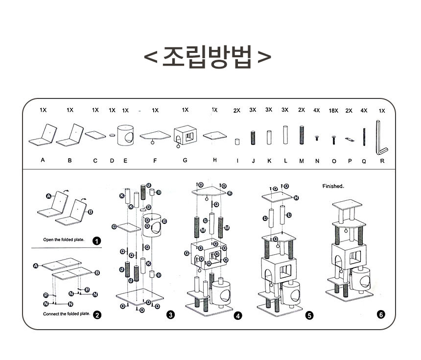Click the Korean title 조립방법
[208, 57]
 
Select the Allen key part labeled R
[381, 138]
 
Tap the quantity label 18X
[333, 111]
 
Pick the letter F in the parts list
[155, 160]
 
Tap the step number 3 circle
[170, 315]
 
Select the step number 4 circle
[237, 316]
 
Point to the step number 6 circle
[381, 314]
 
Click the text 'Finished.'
[333, 186]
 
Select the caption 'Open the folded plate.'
[64, 240]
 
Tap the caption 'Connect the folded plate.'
[66, 314]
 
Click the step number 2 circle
[97, 315]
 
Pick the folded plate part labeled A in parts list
[43, 137]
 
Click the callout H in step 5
[296, 197]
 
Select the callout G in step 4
[187, 253]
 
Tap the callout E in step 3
[164, 221]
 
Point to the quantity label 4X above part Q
[364, 111]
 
